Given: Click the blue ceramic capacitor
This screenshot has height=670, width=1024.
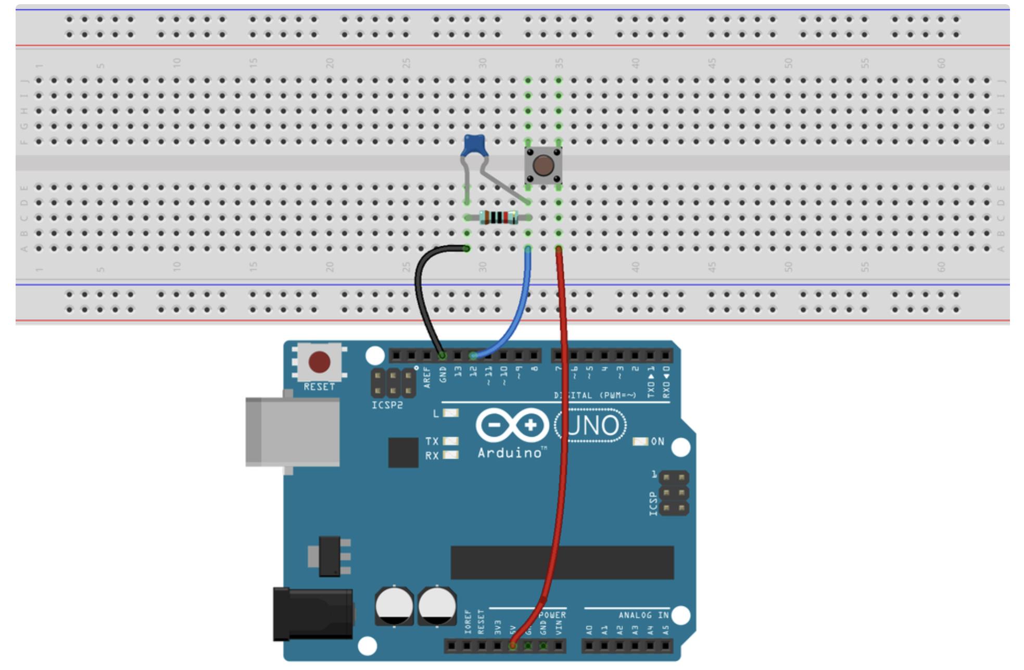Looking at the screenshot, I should [x=474, y=144].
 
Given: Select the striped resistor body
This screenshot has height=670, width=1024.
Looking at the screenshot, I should [x=498, y=217].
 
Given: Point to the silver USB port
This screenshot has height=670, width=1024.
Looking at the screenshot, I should [x=292, y=432].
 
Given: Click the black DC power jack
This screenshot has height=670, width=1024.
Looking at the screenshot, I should [x=312, y=614].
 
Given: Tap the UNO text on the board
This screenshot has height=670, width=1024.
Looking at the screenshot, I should [x=591, y=426].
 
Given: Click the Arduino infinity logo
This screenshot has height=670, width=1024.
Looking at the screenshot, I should [x=512, y=426].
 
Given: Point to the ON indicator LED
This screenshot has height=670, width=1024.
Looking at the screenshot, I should [x=640, y=441].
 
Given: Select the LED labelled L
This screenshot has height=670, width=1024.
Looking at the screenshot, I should [x=450, y=413].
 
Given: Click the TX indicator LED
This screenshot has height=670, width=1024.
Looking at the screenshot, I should [x=450, y=441].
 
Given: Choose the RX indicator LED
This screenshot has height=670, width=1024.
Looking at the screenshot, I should [x=450, y=455].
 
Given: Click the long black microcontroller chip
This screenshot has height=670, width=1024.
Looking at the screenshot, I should [x=562, y=562].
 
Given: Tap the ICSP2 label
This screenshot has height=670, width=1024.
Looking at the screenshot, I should [x=387, y=405].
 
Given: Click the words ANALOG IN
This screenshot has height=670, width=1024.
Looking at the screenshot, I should [x=643, y=615].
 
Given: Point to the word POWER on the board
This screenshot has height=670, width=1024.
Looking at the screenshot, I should [x=553, y=615].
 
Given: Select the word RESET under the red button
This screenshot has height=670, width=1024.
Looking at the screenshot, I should [x=319, y=387].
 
